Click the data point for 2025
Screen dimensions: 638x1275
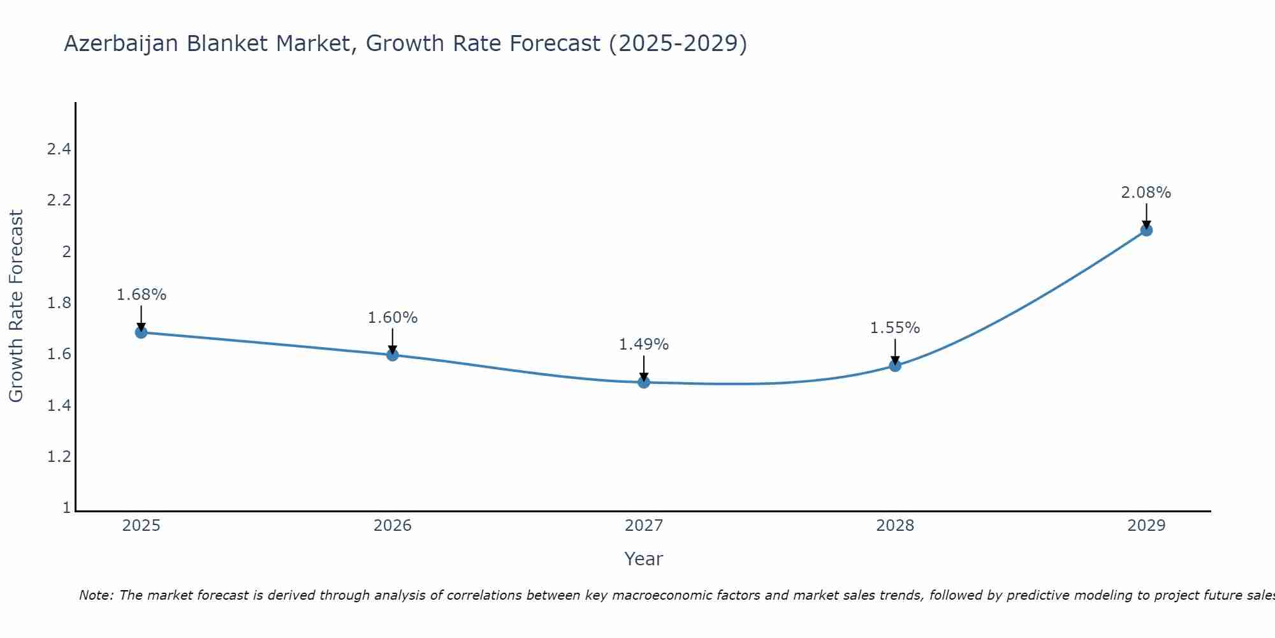coord(141,332)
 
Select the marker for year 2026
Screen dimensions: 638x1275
coord(393,355)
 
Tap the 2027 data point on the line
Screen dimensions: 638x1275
coord(644,382)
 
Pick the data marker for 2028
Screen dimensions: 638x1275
coord(895,366)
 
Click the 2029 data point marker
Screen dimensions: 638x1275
coord(1146,230)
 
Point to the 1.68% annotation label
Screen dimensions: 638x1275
coord(141,295)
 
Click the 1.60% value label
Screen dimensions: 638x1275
coord(393,318)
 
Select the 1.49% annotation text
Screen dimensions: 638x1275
coord(644,345)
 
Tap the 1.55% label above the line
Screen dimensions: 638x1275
coord(895,328)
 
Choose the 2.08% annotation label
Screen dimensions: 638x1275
coord(1146,193)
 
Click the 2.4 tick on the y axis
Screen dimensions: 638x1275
coord(59,149)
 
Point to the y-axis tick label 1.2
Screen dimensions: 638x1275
coord(59,457)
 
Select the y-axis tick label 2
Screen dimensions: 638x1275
coord(66,252)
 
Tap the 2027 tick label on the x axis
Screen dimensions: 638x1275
coord(644,526)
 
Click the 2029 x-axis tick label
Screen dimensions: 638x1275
coord(1146,526)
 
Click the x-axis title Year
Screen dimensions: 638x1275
coord(644,559)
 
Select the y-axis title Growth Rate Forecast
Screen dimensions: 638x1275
coord(16,306)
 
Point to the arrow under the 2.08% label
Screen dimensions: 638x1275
coord(1146,216)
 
